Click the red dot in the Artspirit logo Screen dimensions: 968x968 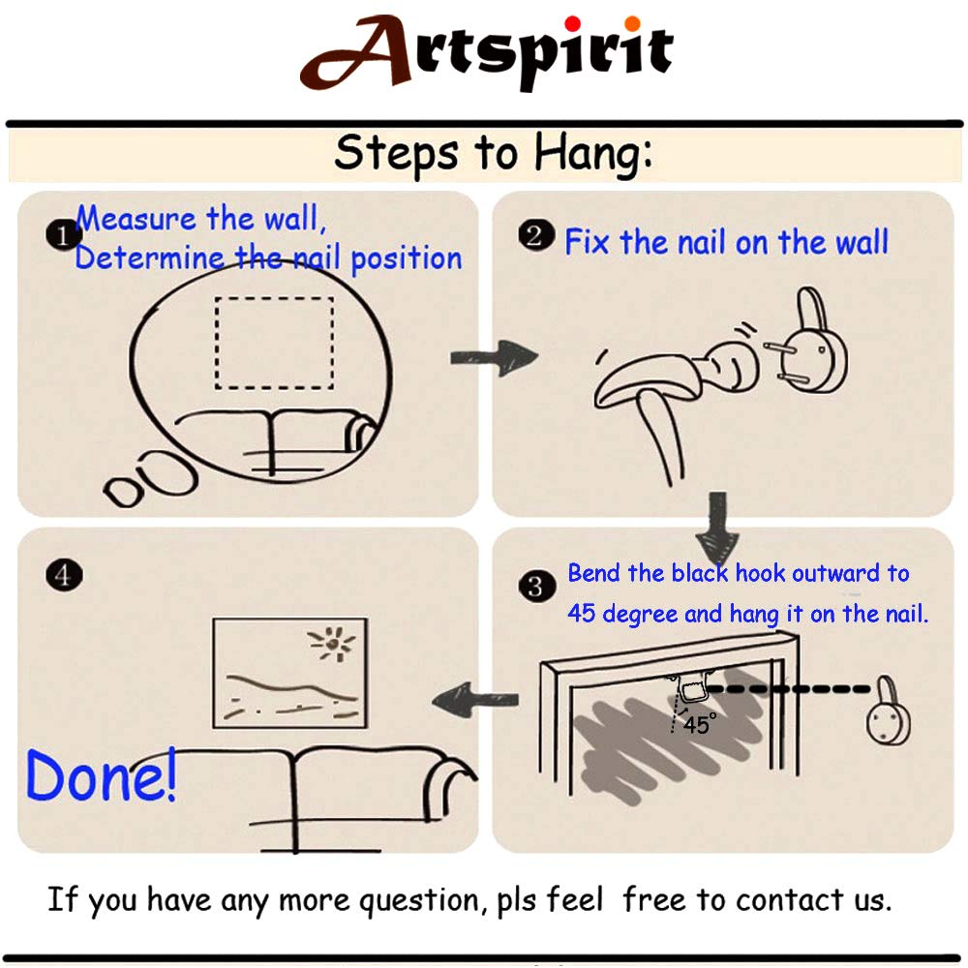click(572, 23)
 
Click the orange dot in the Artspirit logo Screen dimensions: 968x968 click(632, 23)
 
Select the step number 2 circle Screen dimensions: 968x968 click(536, 236)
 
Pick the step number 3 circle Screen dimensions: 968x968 click(536, 587)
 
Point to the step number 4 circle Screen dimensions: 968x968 click(64, 575)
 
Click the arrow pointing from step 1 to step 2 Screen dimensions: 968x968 click(494, 358)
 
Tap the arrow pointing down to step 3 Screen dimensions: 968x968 click(717, 528)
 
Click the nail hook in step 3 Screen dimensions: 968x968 click(889, 711)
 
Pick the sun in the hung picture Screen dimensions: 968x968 click(333, 645)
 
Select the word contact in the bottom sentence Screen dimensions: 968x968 click(790, 899)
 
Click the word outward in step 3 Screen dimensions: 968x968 click(835, 573)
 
